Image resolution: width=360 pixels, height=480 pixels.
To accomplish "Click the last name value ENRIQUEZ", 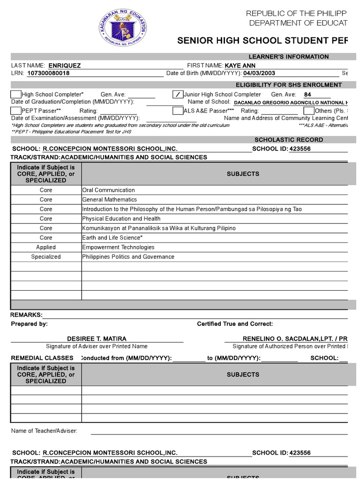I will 64,66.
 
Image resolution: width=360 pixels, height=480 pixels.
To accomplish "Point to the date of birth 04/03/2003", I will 259,74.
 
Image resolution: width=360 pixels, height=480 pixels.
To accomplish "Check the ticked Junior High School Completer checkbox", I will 178,95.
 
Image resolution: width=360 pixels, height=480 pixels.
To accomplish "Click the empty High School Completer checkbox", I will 16,95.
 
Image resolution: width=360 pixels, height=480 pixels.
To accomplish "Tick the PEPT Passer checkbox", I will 16,111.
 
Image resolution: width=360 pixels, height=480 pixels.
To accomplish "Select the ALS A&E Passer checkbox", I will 178,111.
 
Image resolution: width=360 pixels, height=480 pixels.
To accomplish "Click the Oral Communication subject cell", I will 108,190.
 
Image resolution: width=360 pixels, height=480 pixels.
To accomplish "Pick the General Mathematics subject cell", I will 109,200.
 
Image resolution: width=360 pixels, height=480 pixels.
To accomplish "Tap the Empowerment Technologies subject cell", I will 118,247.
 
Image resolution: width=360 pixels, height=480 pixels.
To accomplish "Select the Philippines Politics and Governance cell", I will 128,257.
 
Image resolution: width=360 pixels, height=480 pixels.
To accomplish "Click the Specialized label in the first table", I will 46,257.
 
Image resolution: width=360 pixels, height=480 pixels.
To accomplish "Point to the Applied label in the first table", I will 46,247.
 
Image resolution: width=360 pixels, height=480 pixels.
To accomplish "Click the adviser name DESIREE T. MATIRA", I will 97,339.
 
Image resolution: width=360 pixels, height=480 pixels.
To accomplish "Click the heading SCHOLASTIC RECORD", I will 288,140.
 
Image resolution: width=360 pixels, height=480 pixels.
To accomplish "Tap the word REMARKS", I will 26,315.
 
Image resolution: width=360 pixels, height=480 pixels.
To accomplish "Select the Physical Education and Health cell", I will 121,219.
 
